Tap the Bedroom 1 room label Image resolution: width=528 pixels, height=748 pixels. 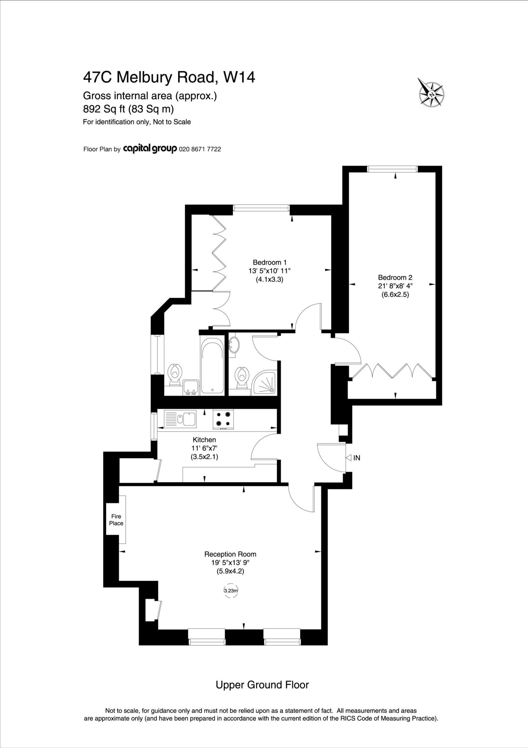[x=270, y=262]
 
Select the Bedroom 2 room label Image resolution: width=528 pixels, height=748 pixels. [x=395, y=278]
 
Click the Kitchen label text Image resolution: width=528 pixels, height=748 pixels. [x=204, y=440]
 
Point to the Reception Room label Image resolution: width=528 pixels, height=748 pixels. [x=230, y=554]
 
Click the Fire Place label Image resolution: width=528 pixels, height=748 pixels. [x=116, y=520]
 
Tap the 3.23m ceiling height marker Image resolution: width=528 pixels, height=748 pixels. [x=231, y=590]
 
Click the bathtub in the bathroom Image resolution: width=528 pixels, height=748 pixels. [x=212, y=366]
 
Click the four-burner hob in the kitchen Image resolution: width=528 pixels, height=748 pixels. [x=223, y=419]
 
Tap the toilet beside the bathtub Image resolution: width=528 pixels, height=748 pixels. [x=175, y=374]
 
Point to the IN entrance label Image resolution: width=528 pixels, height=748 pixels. [x=357, y=458]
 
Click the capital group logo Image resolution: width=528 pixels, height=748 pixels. [x=150, y=149]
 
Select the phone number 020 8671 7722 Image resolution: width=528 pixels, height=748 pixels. [x=200, y=149]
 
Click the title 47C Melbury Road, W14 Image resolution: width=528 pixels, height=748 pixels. [x=169, y=77]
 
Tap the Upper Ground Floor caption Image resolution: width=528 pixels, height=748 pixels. [x=262, y=685]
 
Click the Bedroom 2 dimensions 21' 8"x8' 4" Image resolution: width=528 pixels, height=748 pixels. [x=395, y=286]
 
